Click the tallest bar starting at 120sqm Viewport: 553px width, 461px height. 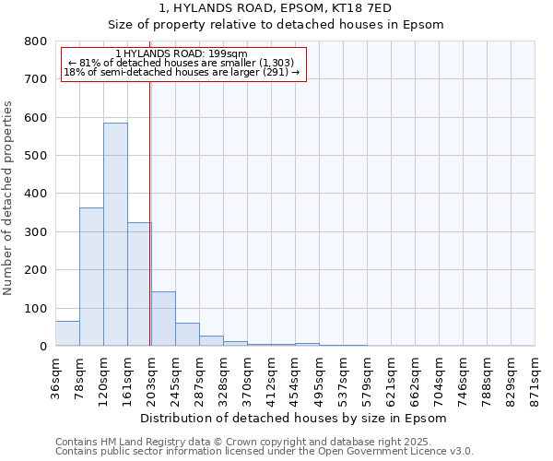tap(115, 234)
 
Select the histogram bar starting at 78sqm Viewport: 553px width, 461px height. tap(91, 277)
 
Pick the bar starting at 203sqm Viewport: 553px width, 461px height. tap(163, 319)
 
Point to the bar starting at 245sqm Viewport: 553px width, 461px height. tap(187, 335)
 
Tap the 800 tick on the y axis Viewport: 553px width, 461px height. tap(36, 41)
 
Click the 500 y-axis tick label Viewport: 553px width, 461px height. tap(36, 156)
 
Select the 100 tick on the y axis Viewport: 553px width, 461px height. tap(36, 308)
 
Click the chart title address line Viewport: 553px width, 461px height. tap(276, 8)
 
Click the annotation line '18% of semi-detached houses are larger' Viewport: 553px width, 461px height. tap(182, 73)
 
